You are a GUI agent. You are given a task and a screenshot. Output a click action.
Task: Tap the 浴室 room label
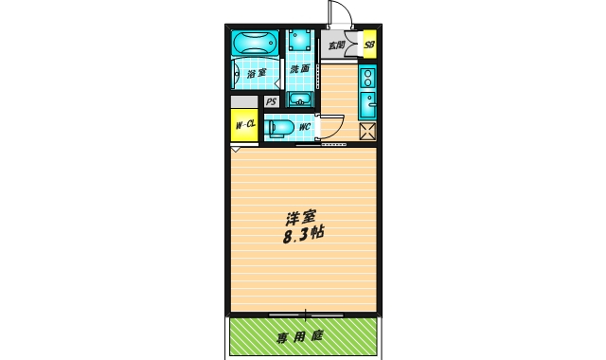(x=256, y=73)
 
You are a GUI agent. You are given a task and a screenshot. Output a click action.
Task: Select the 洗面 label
(x=300, y=70)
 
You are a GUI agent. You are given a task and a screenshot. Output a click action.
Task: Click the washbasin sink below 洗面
(x=301, y=99)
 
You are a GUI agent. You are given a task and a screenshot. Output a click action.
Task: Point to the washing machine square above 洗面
(x=301, y=42)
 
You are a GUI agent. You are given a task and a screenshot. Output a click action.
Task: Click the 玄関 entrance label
(x=336, y=44)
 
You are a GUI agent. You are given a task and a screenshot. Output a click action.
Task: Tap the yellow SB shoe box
(x=369, y=44)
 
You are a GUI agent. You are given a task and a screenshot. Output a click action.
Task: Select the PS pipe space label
(x=271, y=102)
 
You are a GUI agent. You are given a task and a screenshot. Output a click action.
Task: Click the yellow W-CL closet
(x=244, y=124)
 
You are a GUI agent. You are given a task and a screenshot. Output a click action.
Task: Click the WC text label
(x=305, y=126)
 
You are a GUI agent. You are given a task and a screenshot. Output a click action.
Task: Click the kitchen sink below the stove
(x=368, y=105)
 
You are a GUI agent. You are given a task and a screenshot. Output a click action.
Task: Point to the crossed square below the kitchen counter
(x=367, y=132)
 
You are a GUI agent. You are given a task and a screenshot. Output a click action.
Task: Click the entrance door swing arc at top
(x=337, y=15)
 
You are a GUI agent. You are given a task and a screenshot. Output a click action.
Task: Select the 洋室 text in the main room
(x=302, y=217)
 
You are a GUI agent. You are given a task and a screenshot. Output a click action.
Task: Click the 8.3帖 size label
(x=302, y=236)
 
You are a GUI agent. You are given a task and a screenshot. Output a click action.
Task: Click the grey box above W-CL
(x=244, y=102)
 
